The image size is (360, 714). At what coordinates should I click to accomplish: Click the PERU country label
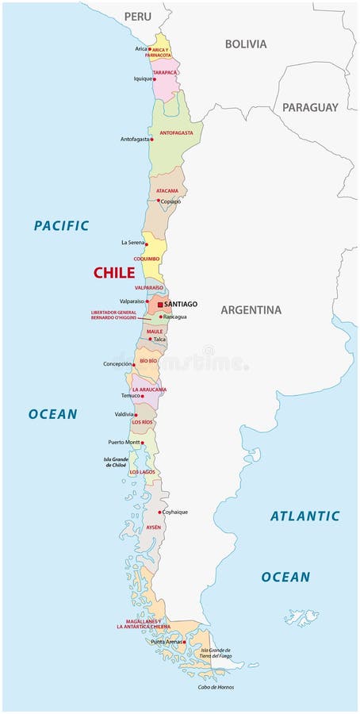137,16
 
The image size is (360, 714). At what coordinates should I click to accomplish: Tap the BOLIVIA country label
246,44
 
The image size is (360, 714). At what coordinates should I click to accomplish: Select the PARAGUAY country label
310,107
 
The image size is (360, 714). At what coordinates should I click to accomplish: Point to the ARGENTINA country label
251,310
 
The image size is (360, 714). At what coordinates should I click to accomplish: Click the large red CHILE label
114,273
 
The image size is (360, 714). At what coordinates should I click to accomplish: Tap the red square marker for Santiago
160,304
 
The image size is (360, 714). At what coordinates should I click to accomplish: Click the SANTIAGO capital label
181,304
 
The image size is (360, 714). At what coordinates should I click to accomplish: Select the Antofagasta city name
135,140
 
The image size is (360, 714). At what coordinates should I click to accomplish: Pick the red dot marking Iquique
155,79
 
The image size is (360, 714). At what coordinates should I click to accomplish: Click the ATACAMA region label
167,191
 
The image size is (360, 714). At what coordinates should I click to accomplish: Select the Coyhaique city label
175,512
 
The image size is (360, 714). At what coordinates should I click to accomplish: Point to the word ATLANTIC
304,516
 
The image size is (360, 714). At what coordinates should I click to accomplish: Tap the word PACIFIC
61,226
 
